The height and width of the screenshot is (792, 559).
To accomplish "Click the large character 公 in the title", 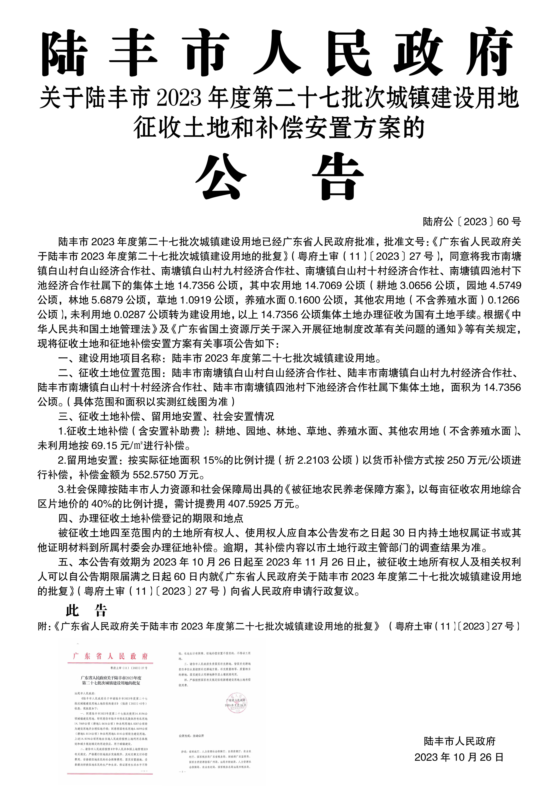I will [x=221, y=176].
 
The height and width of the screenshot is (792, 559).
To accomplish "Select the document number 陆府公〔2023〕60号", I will [x=472, y=222].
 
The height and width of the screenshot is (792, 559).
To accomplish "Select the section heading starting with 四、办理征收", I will [x=151, y=518].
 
